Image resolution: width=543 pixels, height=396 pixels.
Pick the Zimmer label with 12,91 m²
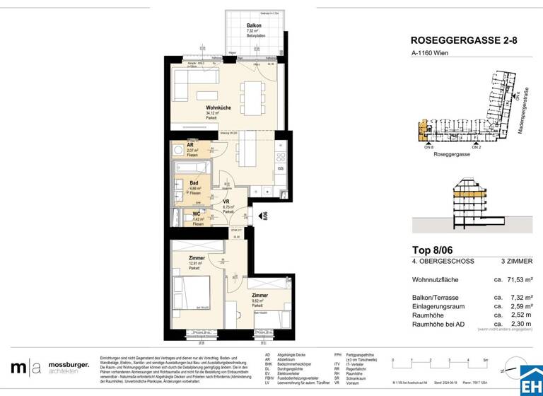point(197,259)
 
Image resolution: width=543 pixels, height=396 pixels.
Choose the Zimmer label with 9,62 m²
point(259,295)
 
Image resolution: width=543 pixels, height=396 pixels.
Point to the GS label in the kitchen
point(281,168)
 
